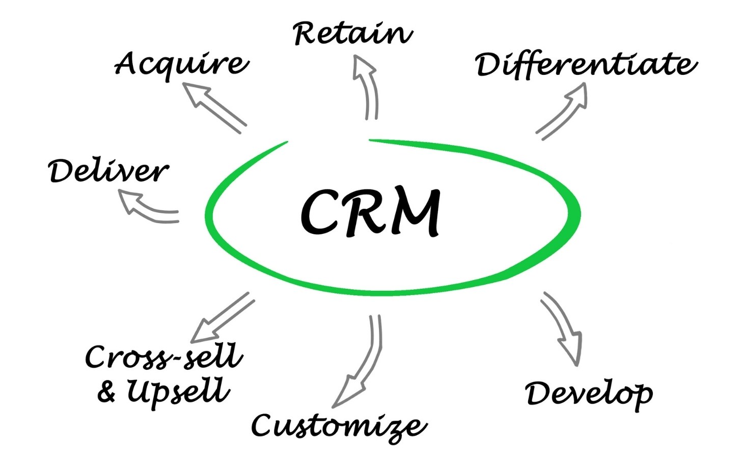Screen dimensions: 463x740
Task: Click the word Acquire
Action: tap(181, 64)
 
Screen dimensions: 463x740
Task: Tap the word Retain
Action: tap(352, 34)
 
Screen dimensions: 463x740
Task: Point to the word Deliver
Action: tap(108, 171)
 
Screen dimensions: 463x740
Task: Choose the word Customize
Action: tap(339, 426)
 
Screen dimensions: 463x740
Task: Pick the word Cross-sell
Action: tap(164, 357)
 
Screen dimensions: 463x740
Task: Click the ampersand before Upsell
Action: tap(106, 392)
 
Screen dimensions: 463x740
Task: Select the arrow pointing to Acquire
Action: tap(214, 107)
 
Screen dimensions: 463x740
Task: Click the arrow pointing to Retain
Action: tap(368, 87)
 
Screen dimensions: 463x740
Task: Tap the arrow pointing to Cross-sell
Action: tap(222, 318)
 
